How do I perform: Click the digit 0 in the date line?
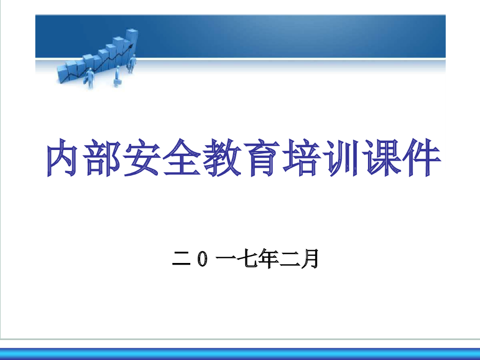point(202,259)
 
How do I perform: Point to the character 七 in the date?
point(248,259)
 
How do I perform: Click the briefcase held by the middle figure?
point(118,82)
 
